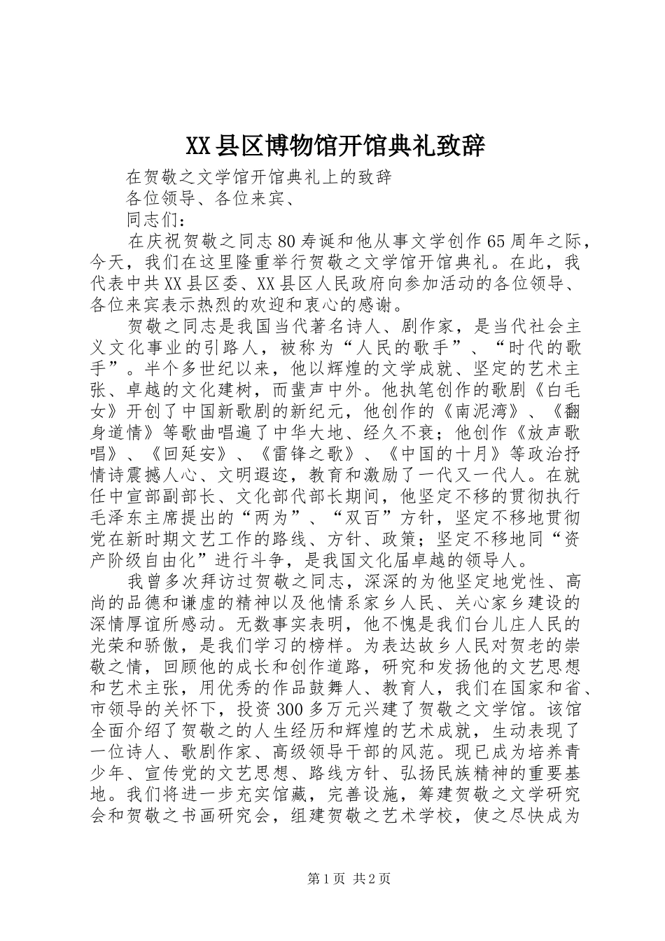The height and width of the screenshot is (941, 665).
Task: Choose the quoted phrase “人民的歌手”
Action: tap(368, 347)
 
